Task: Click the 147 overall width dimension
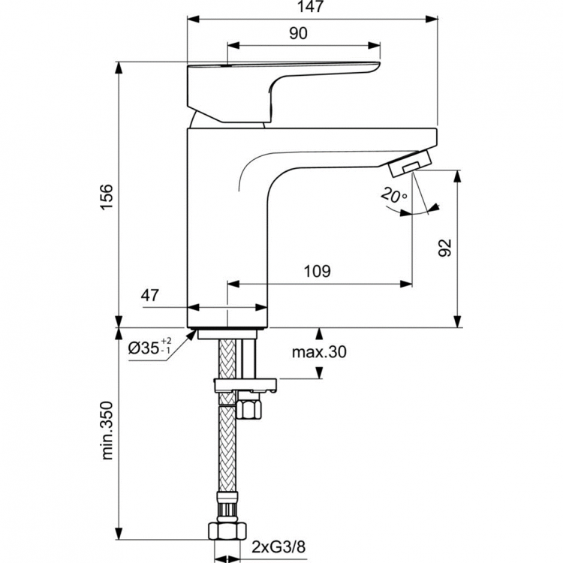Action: pos(312,8)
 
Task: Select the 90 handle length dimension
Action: pos(298,33)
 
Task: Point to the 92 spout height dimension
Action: pos(444,247)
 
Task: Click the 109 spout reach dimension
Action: pos(318,271)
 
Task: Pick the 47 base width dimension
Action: pos(150,295)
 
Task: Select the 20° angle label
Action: pos(393,196)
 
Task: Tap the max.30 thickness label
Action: pos(321,352)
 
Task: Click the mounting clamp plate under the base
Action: pos(245,387)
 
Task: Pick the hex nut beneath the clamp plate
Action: pos(248,409)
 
